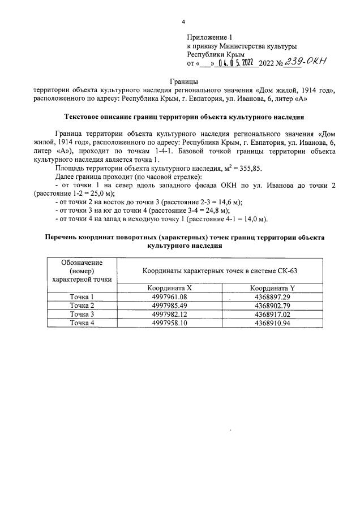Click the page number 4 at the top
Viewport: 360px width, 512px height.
(x=183, y=21)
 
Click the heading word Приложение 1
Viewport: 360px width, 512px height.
(x=209, y=37)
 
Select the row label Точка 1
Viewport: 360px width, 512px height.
(x=82, y=296)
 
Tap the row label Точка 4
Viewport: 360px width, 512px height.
(x=82, y=322)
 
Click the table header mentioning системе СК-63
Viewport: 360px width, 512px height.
(x=221, y=270)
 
